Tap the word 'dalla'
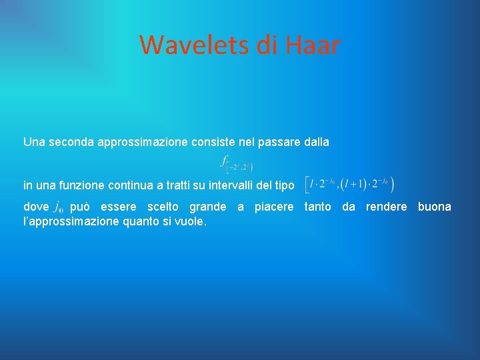(313, 142)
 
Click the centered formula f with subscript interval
(237, 163)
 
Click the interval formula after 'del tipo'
(349, 183)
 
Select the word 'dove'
(36, 207)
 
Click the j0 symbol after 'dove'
(59, 207)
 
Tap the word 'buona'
(434, 207)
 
